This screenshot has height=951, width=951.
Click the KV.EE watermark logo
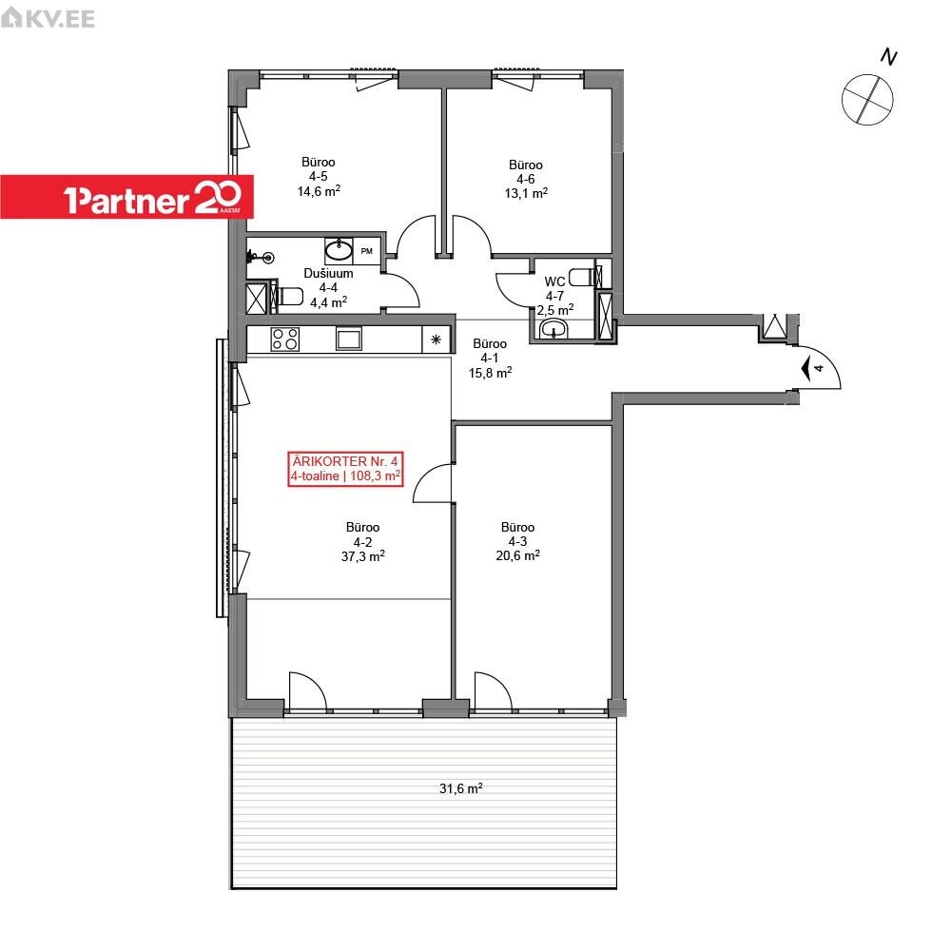click(48, 17)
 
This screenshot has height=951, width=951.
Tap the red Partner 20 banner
click(126, 197)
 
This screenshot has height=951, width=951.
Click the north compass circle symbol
click(867, 100)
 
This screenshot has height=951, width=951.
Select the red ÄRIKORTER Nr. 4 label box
click(345, 469)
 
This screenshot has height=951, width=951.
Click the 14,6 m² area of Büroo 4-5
click(319, 191)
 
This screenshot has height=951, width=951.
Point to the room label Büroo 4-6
click(526, 171)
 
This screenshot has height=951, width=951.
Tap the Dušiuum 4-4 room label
click(328, 281)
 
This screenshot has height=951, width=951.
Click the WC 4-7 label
click(555, 288)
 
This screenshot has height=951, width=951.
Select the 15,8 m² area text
click(490, 373)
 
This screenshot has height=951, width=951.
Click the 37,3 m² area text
click(362, 556)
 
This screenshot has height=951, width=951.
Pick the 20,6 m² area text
click(518, 555)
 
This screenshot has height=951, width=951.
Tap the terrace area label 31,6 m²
click(461, 787)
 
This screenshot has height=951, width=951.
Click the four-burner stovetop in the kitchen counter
click(285, 340)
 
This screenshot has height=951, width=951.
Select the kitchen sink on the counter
click(349, 340)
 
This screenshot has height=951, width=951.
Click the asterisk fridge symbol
click(437, 340)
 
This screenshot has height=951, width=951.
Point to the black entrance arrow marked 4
click(806, 368)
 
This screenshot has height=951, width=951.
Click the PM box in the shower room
click(366, 251)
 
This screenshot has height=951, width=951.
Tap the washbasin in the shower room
click(339, 249)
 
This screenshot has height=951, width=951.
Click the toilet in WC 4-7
click(584, 277)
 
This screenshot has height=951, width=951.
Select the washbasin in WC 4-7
click(553, 329)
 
